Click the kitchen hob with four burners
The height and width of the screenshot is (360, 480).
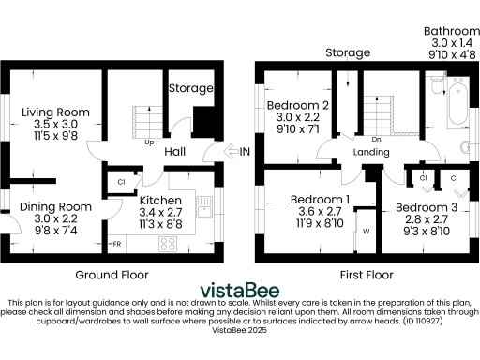[x=170, y=243]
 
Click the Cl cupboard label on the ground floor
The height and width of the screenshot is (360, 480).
[x=123, y=182]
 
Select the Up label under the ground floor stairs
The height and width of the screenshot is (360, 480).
[x=149, y=142]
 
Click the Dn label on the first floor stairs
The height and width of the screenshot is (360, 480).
[x=375, y=112]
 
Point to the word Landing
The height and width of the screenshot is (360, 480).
[x=371, y=152]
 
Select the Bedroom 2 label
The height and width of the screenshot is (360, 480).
[x=297, y=104]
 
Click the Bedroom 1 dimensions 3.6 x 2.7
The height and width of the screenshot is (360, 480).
[x=320, y=211]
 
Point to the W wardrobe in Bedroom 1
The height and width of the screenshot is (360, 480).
[x=366, y=230]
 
